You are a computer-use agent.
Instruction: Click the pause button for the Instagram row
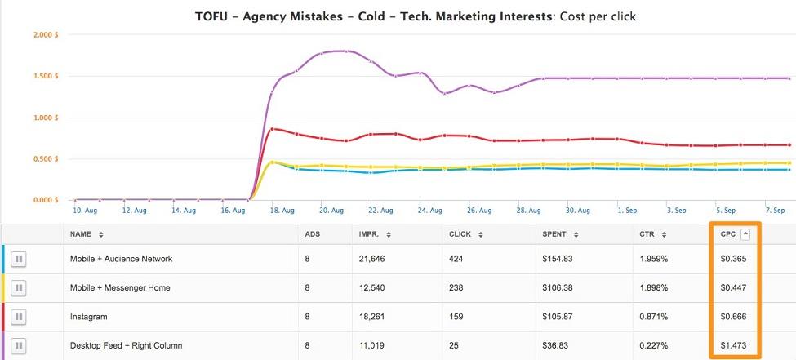pos(18,317)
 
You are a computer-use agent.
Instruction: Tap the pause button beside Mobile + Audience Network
pos(18,259)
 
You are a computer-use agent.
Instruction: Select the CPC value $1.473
pos(734,345)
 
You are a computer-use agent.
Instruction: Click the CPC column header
pos(728,234)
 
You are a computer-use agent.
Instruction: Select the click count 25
pos(454,345)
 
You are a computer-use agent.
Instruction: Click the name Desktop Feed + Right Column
pos(126,345)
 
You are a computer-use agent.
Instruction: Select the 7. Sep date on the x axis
pos(776,211)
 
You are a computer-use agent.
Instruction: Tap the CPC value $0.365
pos(734,259)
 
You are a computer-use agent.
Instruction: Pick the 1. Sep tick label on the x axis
pos(628,211)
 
